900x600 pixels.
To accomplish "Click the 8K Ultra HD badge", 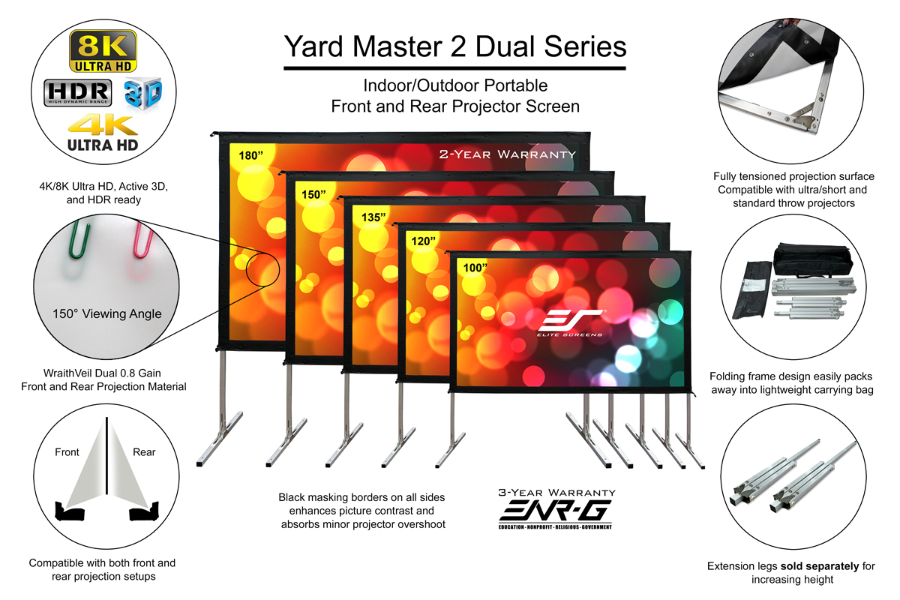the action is pyautogui.click(x=103, y=51).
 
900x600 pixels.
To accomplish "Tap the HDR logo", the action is pyautogui.click(x=77, y=93).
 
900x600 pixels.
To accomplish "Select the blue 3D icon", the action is pyautogui.click(x=143, y=94).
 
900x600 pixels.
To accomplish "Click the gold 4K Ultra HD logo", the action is pyautogui.click(x=103, y=133).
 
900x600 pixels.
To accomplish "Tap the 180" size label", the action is pyautogui.click(x=250, y=155).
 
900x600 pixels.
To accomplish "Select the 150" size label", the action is pyautogui.click(x=313, y=194).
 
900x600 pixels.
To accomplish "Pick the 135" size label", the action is pyautogui.click(x=373, y=217).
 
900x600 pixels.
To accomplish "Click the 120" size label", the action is pyautogui.click(x=423, y=241).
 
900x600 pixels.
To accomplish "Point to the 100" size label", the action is pyautogui.click(x=475, y=268).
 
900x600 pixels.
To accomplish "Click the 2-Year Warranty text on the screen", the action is pyautogui.click(x=508, y=154).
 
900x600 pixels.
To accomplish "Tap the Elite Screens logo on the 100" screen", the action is pyautogui.click(x=570, y=322).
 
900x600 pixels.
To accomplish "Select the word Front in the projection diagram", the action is pyautogui.click(x=67, y=452).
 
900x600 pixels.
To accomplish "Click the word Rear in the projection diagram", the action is pyautogui.click(x=144, y=452).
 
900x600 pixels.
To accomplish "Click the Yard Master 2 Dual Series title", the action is pyautogui.click(x=455, y=46).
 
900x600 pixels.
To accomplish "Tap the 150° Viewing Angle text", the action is pyautogui.click(x=106, y=313).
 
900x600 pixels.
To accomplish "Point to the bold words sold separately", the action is pyautogui.click(x=819, y=566).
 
